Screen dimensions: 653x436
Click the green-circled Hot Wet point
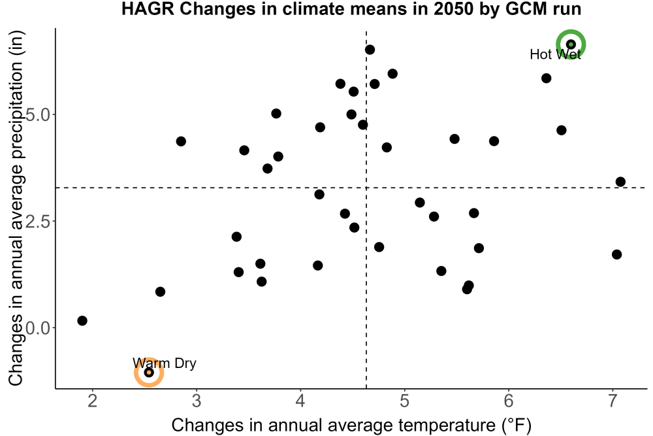571,44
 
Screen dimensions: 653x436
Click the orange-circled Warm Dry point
149,372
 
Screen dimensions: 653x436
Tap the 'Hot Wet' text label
555,55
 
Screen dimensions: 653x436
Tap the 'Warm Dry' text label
165,363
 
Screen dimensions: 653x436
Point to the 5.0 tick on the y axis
38,114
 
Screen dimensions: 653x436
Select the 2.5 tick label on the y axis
38,222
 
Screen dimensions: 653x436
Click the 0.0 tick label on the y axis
38,328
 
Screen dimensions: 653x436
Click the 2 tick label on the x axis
93,401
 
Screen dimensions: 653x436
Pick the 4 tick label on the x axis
300,401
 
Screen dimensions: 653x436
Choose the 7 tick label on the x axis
613,401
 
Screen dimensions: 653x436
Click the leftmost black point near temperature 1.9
82,320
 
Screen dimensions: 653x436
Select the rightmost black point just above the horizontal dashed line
620,182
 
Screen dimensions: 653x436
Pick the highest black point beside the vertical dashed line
370,50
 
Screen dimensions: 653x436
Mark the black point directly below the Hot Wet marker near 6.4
547,78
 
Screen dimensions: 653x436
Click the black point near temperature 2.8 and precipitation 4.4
181,141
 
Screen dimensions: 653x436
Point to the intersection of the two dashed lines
366,188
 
